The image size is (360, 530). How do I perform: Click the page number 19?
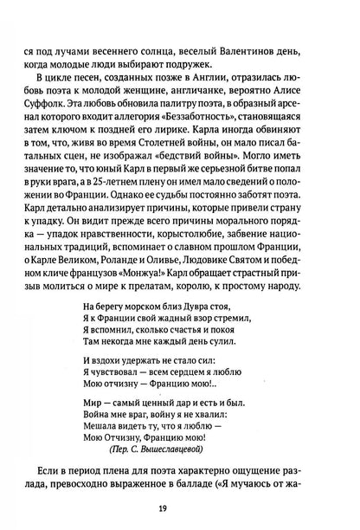pos(180,508)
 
